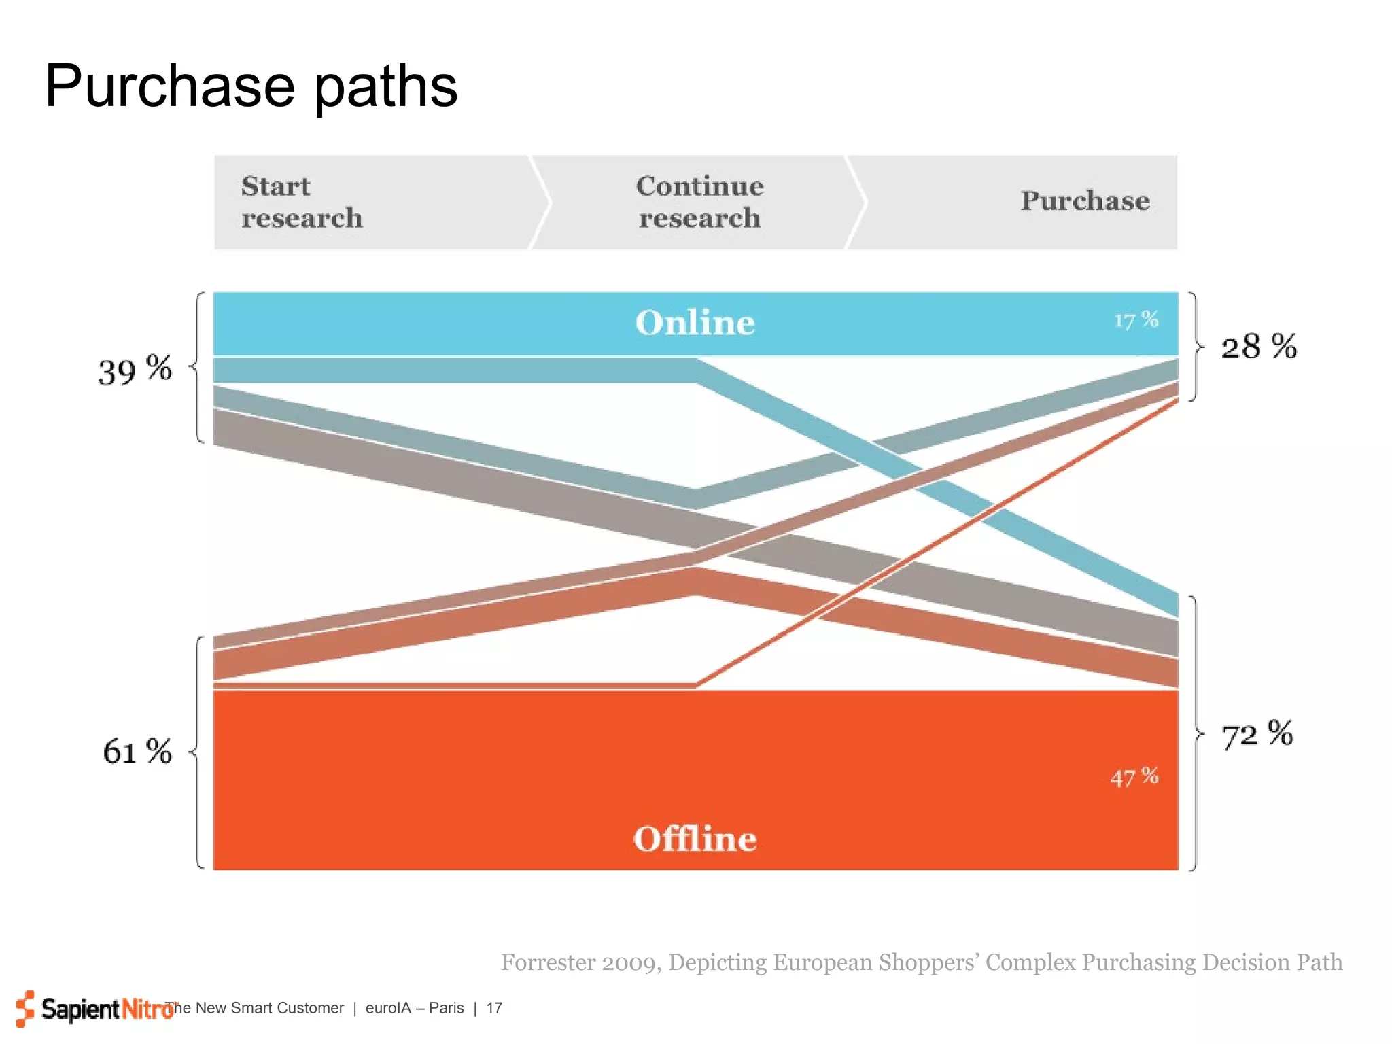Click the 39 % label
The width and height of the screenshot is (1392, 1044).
pyautogui.click(x=135, y=370)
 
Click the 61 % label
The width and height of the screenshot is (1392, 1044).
pyautogui.click(x=137, y=752)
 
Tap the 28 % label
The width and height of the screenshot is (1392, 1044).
pyautogui.click(x=1259, y=347)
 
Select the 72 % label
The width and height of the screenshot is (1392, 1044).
pyautogui.click(x=1257, y=735)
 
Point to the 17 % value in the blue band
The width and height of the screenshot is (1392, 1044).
pyautogui.click(x=1136, y=320)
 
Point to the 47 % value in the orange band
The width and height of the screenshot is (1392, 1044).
pyautogui.click(x=1134, y=777)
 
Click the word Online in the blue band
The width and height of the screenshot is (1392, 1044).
pyautogui.click(x=695, y=323)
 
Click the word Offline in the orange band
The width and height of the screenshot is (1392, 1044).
pyautogui.click(x=695, y=839)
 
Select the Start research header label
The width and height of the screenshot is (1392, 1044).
pyautogui.click(x=302, y=202)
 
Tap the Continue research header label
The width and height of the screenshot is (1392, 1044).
pyautogui.click(x=699, y=202)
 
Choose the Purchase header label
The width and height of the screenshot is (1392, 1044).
pyautogui.click(x=1085, y=201)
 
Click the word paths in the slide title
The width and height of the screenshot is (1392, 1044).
pyautogui.click(x=385, y=86)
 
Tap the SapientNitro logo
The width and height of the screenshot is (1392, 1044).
pyautogui.click(x=95, y=1009)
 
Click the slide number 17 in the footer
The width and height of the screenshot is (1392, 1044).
pyautogui.click(x=494, y=1008)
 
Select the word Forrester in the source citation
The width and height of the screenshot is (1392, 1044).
pyautogui.click(x=549, y=962)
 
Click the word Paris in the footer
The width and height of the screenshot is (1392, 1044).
pyautogui.click(x=446, y=1008)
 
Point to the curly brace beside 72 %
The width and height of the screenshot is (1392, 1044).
pyautogui.click(x=1196, y=733)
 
